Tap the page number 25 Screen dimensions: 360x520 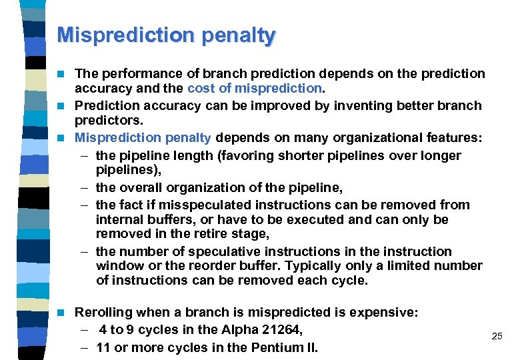coord(497,337)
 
